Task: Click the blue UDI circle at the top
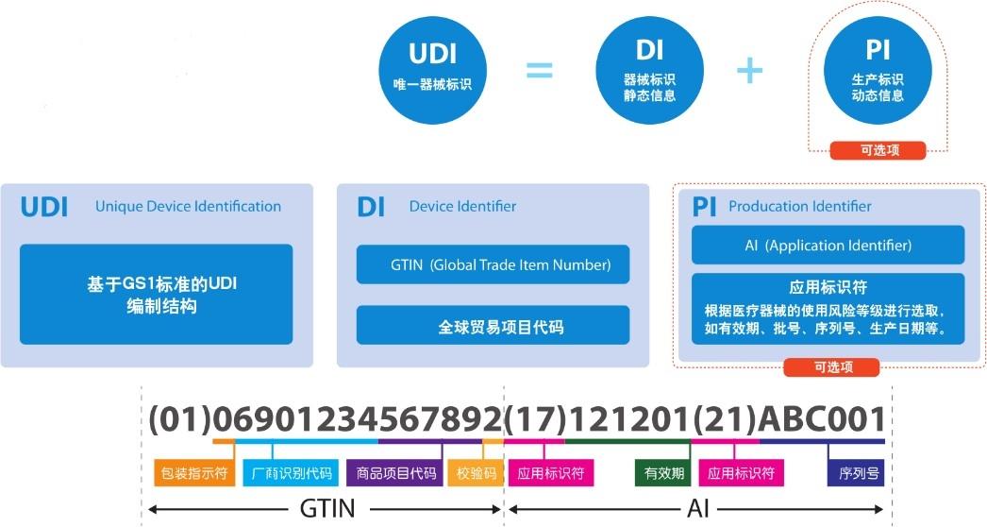click(432, 72)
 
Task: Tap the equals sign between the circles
click(538, 72)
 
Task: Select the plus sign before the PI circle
click(748, 70)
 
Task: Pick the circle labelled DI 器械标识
click(649, 72)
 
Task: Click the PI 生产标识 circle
click(878, 72)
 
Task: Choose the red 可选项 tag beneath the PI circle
click(878, 149)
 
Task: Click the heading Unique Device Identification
click(188, 206)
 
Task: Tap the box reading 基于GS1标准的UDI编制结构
click(156, 295)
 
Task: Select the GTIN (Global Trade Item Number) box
click(493, 264)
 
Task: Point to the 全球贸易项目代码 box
click(493, 327)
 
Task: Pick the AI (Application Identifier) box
click(828, 246)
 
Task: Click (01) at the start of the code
click(180, 418)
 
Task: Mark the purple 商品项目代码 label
click(392, 472)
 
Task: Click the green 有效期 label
click(664, 472)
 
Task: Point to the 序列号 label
click(858, 472)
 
